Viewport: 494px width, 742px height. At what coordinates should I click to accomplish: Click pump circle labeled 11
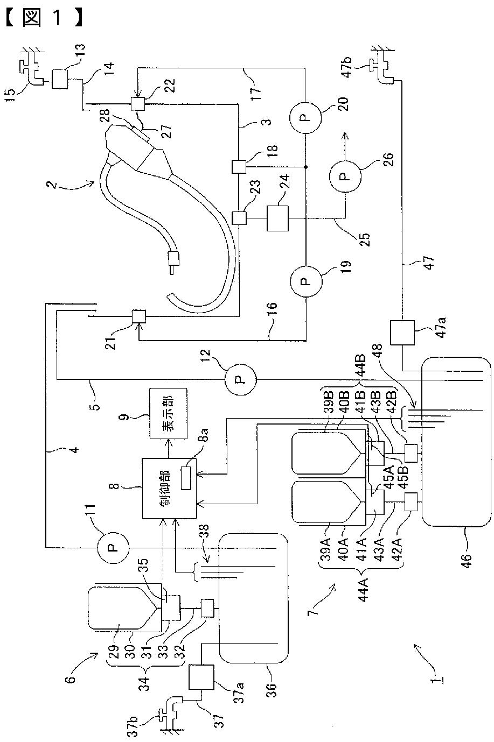click(x=113, y=547)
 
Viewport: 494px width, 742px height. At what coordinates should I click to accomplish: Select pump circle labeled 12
click(x=240, y=379)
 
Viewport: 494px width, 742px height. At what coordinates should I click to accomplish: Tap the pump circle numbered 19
click(x=305, y=281)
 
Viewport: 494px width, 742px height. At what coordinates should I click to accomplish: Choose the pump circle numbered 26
click(x=345, y=176)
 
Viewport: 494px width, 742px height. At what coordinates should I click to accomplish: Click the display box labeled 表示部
click(x=169, y=414)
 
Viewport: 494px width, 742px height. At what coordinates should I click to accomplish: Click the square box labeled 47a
click(x=402, y=333)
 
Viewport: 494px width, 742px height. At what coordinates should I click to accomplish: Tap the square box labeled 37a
click(x=201, y=677)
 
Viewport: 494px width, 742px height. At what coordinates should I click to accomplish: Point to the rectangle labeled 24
click(x=277, y=218)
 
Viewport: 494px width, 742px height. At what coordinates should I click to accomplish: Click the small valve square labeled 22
click(x=138, y=104)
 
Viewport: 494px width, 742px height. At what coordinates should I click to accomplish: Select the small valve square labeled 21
click(x=139, y=317)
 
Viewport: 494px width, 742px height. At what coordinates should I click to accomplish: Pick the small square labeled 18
click(x=239, y=167)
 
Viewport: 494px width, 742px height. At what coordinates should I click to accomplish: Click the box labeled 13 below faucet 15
click(x=60, y=79)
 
